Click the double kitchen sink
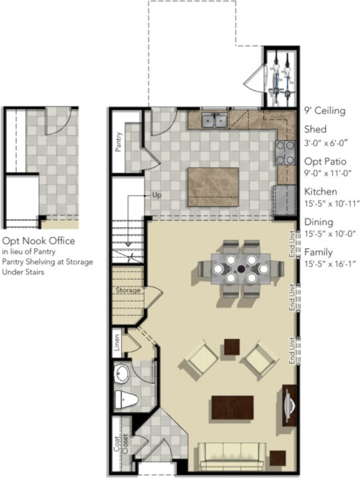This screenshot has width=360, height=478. point(215,120)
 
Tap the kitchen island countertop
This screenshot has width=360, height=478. point(213,187)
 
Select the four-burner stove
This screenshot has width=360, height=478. point(285,152)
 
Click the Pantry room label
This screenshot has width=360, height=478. point(119,142)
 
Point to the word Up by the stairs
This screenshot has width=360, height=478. point(157,195)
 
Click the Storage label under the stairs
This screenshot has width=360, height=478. point(128,290)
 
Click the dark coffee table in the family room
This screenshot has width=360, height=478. point(233,407)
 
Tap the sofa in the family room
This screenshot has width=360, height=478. point(232,456)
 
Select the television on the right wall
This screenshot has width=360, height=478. point(289,405)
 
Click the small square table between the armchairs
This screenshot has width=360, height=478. point(232,347)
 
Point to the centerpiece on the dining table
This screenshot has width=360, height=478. point(241,269)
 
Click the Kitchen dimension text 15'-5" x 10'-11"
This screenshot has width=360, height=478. point(332,203)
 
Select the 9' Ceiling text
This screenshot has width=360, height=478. point(325,111)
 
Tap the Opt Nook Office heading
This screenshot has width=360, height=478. point(38,241)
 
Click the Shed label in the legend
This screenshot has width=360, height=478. point(315,129)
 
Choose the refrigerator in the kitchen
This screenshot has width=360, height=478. point(285,200)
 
